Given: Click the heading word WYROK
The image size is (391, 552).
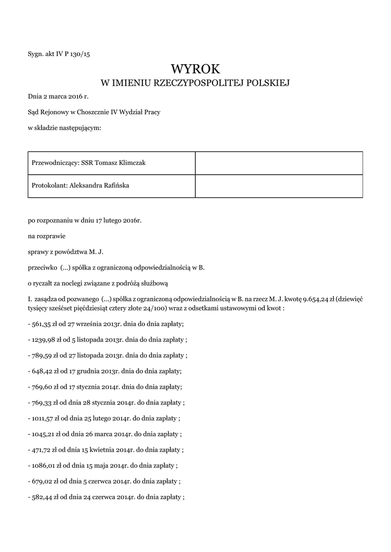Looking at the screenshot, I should (x=195, y=69).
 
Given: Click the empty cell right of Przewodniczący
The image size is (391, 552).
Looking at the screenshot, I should (x=278, y=163).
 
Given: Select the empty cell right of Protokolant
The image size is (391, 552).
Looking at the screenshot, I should (x=278, y=186).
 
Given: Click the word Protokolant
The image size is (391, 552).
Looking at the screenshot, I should (x=49, y=185).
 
